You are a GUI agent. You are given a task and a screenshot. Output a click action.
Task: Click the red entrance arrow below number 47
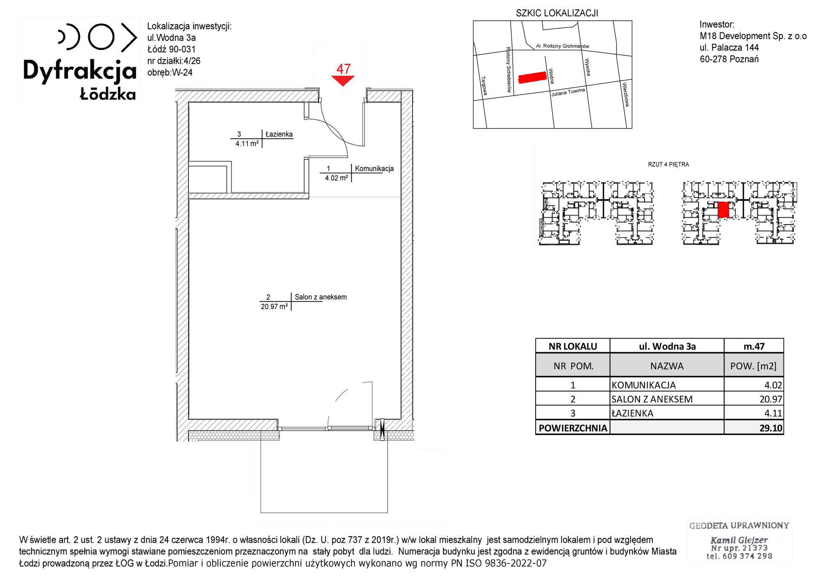pos(343,80)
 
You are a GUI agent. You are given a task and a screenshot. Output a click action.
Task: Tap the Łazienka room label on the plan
pos(279,134)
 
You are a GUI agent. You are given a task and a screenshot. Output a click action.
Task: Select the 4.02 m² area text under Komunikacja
pos(337,178)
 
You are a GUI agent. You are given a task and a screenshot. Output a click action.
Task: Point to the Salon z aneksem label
pos(321,297)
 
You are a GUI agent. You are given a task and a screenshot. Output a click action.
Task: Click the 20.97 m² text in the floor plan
pos(274,307)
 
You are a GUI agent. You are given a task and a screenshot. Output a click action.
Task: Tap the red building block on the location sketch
pos(532,77)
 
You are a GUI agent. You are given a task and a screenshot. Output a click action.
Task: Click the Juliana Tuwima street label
pos(568,92)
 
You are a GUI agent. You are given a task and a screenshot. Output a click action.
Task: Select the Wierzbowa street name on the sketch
pos(626,94)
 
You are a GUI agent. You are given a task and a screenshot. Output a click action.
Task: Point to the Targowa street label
pos(484,86)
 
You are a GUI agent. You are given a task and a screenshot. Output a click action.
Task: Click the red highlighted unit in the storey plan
pos(723,209)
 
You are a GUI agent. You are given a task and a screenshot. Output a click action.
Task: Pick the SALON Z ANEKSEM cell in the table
pos(652,399)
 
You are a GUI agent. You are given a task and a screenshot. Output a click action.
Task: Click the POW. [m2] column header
pos(753,366)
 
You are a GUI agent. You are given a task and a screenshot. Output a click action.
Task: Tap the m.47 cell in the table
pos(754,346)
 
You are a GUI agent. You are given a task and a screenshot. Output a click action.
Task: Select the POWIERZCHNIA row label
pos(573,428)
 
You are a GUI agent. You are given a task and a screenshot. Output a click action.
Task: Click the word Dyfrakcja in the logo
pos(80,71)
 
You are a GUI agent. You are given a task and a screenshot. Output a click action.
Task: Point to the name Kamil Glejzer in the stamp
pos(739,540)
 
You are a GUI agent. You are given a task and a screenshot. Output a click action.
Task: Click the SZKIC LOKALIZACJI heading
pos(557,13)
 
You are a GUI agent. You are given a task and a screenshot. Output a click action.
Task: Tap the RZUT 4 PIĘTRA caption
pos(668,165)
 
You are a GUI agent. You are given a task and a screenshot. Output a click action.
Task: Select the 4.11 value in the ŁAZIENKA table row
pos(773,413)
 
